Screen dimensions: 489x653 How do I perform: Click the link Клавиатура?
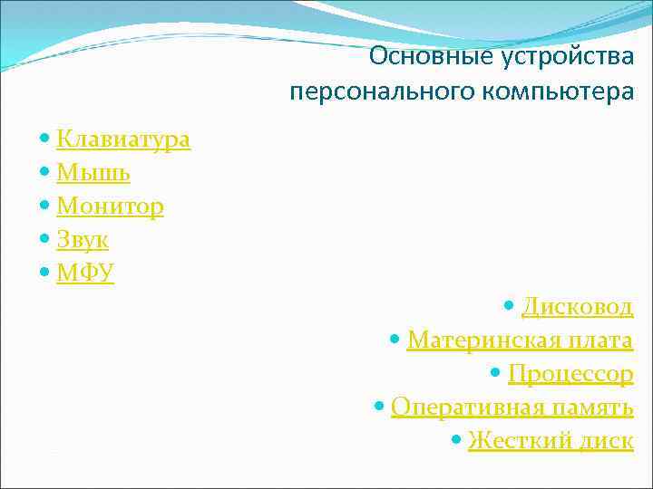[123, 139]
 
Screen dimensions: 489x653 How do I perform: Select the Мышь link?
[93, 173]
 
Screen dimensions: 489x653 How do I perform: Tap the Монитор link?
[110, 206]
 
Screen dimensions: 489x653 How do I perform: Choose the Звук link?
[83, 240]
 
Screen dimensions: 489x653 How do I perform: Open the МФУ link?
[85, 273]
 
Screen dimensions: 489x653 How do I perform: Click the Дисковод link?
[577, 307]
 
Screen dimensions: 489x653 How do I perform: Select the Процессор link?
[570, 374]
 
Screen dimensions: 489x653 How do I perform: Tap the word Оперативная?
[463, 407]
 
